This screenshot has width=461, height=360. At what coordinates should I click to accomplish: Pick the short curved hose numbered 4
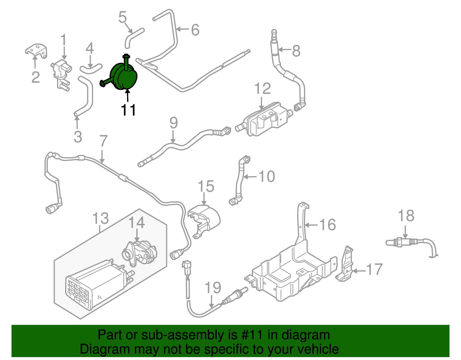(90, 69)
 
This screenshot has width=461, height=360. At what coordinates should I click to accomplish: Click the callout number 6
(195, 30)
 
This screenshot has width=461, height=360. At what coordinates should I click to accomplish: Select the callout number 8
(296, 51)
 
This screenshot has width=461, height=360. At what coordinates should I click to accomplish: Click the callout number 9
(173, 123)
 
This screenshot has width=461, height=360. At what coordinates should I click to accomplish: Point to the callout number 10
(267, 176)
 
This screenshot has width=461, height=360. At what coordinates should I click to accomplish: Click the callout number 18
(406, 216)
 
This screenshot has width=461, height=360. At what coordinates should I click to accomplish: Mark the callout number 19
(213, 288)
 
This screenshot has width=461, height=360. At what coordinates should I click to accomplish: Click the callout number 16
(328, 225)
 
